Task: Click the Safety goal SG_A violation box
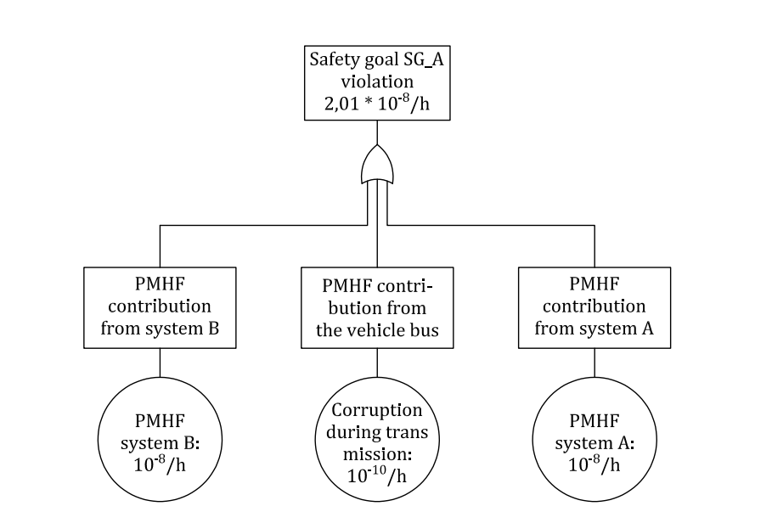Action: (x=377, y=83)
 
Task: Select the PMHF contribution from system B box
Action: (x=161, y=307)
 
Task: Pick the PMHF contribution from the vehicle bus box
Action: (x=377, y=307)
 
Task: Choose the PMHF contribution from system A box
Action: (x=594, y=307)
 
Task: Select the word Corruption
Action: (x=377, y=410)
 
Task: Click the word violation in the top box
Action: (x=377, y=84)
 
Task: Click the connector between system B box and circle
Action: (x=161, y=363)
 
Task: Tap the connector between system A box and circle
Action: (x=594, y=363)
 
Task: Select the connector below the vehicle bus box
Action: (x=377, y=363)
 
